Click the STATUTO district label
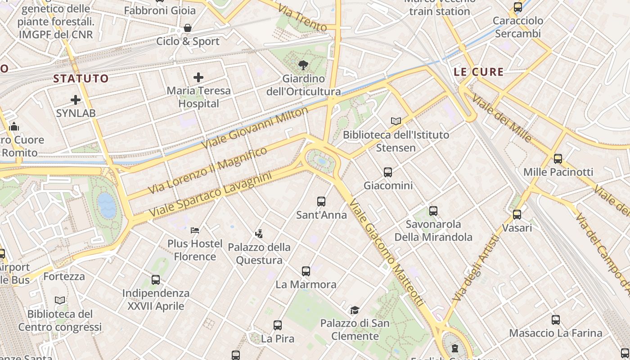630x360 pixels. click(x=81, y=79)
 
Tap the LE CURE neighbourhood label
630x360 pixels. click(x=478, y=72)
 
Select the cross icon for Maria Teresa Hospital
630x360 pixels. click(x=198, y=77)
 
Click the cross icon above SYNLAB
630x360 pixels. click(x=76, y=99)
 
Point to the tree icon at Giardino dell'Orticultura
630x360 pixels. click(x=303, y=66)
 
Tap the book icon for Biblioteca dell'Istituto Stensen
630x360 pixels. click(x=396, y=121)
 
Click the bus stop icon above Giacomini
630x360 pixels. click(x=387, y=172)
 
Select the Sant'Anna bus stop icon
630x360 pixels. click(x=321, y=202)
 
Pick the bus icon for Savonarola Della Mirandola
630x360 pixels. click(x=433, y=211)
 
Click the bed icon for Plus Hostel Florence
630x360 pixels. click(x=195, y=230)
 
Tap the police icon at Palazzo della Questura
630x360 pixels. click(x=259, y=234)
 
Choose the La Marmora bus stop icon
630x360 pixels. click(x=306, y=271)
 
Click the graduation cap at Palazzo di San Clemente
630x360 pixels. click(x=355, y=310)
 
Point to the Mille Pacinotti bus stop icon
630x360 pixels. click(x=558, y=158)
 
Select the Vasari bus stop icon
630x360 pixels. click(x=517, y=215)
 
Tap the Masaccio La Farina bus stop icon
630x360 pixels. click(x=556, y=320)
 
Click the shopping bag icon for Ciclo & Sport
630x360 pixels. click(x=188, y=28)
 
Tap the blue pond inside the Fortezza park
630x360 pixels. click(x=107, y=205)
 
